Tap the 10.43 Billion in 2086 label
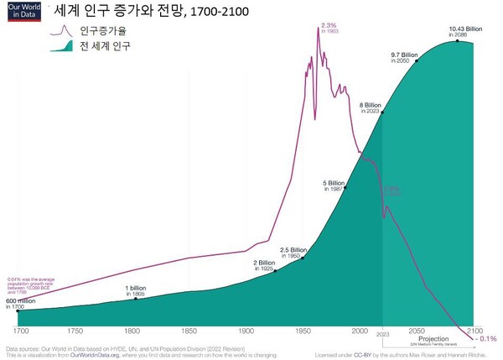pos(459,34)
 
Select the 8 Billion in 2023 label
pos(370,107)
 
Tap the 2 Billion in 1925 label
pos(264,265)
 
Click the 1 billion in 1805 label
pos(136,292)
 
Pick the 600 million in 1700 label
pos(21,304)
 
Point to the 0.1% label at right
pos(488,339)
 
